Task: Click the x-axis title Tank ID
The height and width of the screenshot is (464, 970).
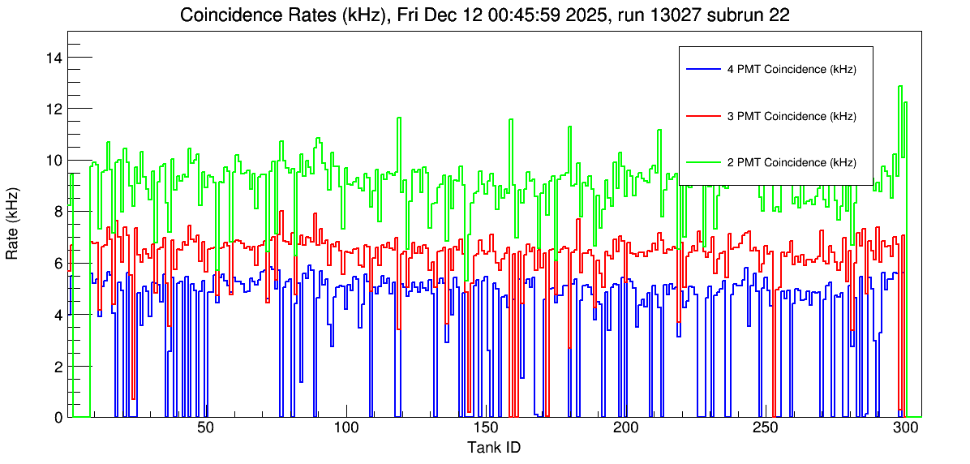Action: pyautogui.click(x=494, y=447)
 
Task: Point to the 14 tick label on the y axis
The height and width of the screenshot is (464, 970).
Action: pyautogui.click(x=55, y=57)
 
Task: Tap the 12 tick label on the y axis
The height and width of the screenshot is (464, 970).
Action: pyautogui.click(x=55, y=109)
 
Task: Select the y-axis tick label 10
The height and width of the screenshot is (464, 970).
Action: pyautogui.click(x=55, y=160)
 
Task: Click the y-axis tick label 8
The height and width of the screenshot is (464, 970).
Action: pyautogui.click(x=58, y=212)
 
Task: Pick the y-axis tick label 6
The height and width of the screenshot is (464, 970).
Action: pyautogui.click(x=58, y=263)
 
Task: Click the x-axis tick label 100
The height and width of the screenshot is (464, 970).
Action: pyautogui.click(x=346, y=428)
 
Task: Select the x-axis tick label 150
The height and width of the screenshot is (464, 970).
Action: pyautogui.click(x=486, y=428)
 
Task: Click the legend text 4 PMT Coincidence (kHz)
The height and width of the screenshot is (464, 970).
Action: pyautogui.click(x=792, y=70)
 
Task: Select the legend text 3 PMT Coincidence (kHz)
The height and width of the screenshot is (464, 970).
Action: pyautogui.click(x=792, y=116)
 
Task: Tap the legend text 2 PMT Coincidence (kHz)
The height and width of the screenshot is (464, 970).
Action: pyautogui.click(x=792, y=162)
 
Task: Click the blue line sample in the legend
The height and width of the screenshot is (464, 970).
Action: pyautogui.click(x=702, y=70)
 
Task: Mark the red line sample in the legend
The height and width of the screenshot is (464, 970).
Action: pyautogui.click(x=702, y=116)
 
